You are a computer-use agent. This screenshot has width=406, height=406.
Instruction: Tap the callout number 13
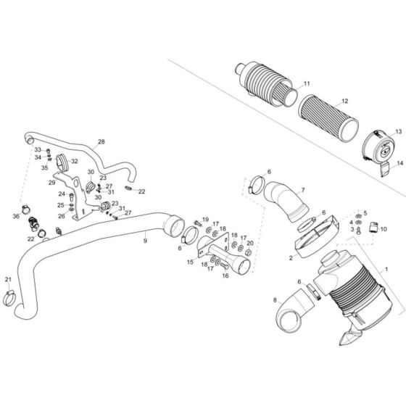point(398,131)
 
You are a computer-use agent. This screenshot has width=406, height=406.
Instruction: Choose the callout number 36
point(15,216)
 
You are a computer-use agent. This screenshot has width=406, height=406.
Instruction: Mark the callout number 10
point(384,229)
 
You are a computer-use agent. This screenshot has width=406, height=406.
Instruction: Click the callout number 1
point(387,268)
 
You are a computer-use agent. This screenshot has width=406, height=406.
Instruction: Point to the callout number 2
point(291,256)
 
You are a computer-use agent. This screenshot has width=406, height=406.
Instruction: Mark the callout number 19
point(206,220)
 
